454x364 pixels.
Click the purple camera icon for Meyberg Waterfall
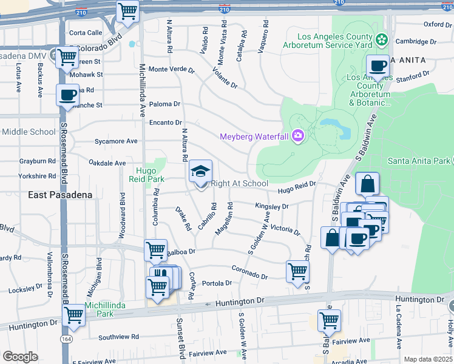pos(298,136)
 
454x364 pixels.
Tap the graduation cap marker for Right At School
pos(200,172)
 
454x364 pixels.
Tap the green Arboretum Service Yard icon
pos(381,40)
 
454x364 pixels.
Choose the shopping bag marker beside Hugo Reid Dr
pos(367,184)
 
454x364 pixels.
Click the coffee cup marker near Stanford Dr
pos(378,66)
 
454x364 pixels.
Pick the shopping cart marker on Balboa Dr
pos(155,249)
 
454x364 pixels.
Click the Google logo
pos(20,357)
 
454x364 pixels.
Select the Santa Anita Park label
pos(418,161)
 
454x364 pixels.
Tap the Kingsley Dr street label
pos(271,206)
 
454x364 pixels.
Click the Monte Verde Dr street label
pos(171,70)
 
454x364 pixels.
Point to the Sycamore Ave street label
pos(116,141)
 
